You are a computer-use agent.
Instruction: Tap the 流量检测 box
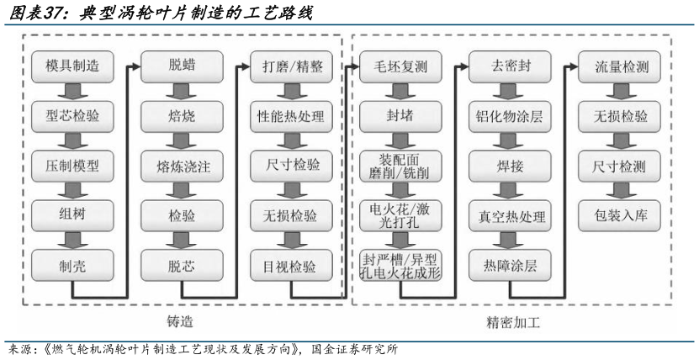pos(615,66)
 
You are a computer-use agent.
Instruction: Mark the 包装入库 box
pos(615,215)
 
